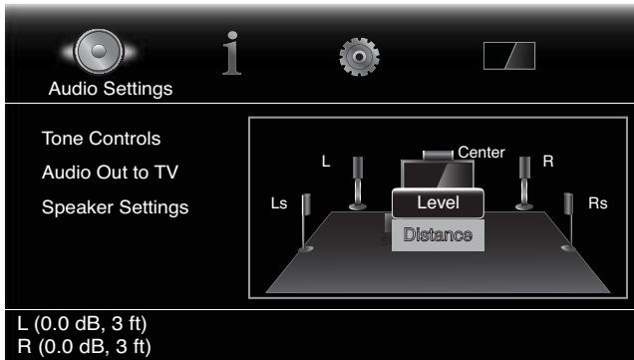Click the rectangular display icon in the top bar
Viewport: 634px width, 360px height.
508,56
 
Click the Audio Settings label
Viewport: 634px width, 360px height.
111,89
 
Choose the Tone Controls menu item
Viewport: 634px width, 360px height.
101,137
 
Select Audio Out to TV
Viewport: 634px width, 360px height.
110,172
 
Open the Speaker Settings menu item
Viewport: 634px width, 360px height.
116,207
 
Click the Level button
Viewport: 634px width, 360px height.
438,202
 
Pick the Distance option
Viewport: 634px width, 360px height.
438,236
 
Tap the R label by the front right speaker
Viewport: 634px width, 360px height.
547,162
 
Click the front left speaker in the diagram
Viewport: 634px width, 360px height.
358,182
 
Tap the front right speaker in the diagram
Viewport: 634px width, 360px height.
523,182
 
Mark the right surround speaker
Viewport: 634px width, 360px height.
566,221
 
